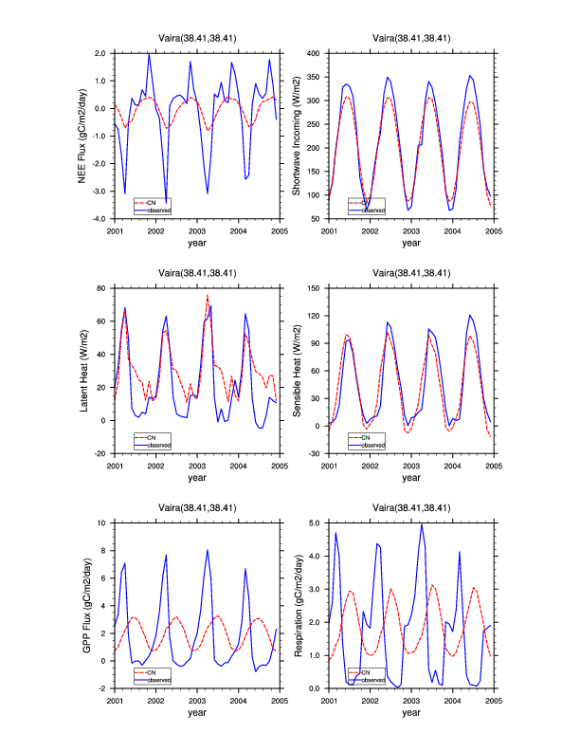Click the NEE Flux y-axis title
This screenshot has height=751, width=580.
click(x=85, y=135)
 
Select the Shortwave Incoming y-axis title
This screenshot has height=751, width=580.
click(x=297, y=135)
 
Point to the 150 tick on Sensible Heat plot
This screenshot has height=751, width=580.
click(x=315, y=287)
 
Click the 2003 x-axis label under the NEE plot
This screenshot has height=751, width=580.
click(x=196, y=230)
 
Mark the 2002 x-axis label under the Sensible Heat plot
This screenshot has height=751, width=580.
click(x=370, y=466)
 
